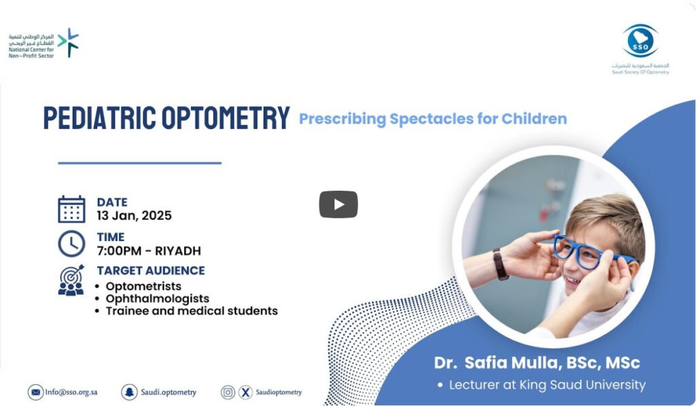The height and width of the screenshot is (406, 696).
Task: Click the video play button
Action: click(x=338, y=204)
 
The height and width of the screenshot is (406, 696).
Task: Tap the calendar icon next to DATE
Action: click(x=71, y=209)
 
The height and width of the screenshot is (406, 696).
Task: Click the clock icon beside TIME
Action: click(x=71, y=243)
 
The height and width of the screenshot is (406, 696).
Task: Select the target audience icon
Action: click(x=71, y=280)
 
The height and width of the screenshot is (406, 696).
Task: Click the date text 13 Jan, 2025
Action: click(x=134, y=216)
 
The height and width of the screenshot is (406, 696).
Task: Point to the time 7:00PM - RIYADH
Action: click(x=149, y=251)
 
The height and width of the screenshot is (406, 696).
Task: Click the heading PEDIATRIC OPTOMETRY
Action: click(x=167, y=118)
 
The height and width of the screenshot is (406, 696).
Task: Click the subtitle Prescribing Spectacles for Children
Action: click(x=433, y=119)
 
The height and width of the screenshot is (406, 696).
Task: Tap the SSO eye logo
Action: click(x=640, y=41)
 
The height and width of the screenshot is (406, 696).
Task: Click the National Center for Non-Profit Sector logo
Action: click(x=43, y=43)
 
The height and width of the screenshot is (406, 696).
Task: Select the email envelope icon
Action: click(x=35, y=392)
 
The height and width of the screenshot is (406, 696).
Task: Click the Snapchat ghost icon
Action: click(x=129, y=392)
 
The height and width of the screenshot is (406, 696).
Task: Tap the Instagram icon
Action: click(x=228, y=392)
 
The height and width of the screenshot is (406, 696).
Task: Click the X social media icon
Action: click(x=245, y=392)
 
